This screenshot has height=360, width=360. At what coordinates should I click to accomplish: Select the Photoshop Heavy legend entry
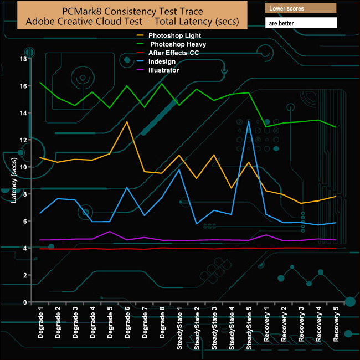(x=164, y=44)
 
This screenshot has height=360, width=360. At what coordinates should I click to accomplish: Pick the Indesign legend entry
(x=156, y=61)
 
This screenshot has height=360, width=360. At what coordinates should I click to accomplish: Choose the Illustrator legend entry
(x=157, y=70)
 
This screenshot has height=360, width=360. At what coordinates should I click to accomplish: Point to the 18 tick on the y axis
(x=23, y=59)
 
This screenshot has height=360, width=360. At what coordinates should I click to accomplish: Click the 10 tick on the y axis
(x=23, y=167)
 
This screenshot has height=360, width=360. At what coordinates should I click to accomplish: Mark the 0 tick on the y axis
(x=25, y=302)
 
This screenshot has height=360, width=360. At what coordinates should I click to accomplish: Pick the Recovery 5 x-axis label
(x=335, y=322)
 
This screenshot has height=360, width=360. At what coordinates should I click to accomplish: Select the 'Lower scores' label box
(x=301, y=9)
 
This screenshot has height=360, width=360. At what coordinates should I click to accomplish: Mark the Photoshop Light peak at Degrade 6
(x=127, y=122)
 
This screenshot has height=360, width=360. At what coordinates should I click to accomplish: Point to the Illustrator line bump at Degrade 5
(x=110, y=232)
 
